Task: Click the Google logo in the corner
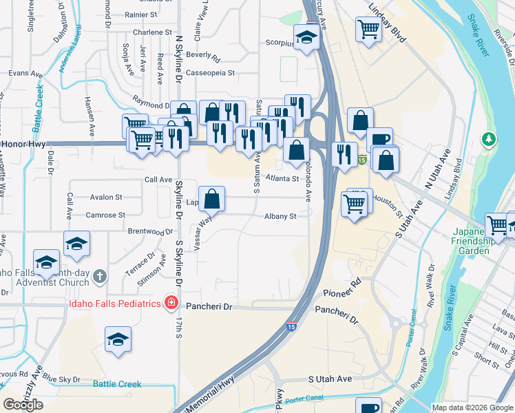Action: [23, 405]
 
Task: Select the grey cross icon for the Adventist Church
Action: [101, 277]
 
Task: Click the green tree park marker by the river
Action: [490, 140]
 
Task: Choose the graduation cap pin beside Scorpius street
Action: [306, 36]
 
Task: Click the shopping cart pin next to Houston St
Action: [355, 204]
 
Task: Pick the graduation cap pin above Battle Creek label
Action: [118, 339]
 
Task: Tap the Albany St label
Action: [280, 216]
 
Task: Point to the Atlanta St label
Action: [282, 178]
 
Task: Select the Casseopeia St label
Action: [207, 72]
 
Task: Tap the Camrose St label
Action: [105, 215]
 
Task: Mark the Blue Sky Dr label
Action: [61, 379]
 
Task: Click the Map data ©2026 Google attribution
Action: [472, 407]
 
